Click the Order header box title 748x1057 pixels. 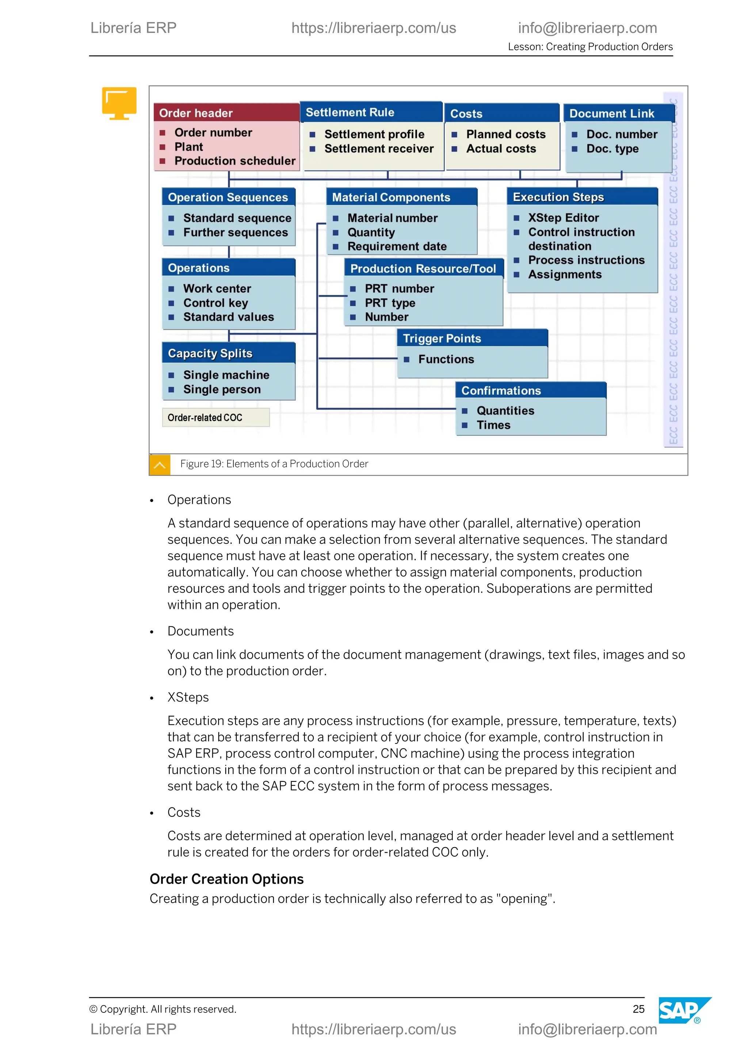(196, 113)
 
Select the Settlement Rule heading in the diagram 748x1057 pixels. (350, 112)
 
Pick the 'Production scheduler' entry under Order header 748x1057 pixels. (234, 161)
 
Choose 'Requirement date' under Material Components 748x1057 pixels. (397, 247)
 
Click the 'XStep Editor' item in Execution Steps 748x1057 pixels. (563, 218)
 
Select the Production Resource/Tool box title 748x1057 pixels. (423, 269)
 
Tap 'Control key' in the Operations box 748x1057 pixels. (215, 303)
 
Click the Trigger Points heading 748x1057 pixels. (442, 339)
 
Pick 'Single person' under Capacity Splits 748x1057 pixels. (222, 389)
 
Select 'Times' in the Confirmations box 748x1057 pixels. (493, 425)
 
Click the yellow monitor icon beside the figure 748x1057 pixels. (119, 102)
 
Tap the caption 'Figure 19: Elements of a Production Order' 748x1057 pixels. (274, 464)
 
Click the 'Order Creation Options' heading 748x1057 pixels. (226, 879)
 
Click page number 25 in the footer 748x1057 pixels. (638, 1009)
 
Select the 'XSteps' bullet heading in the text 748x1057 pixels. (188, 697)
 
